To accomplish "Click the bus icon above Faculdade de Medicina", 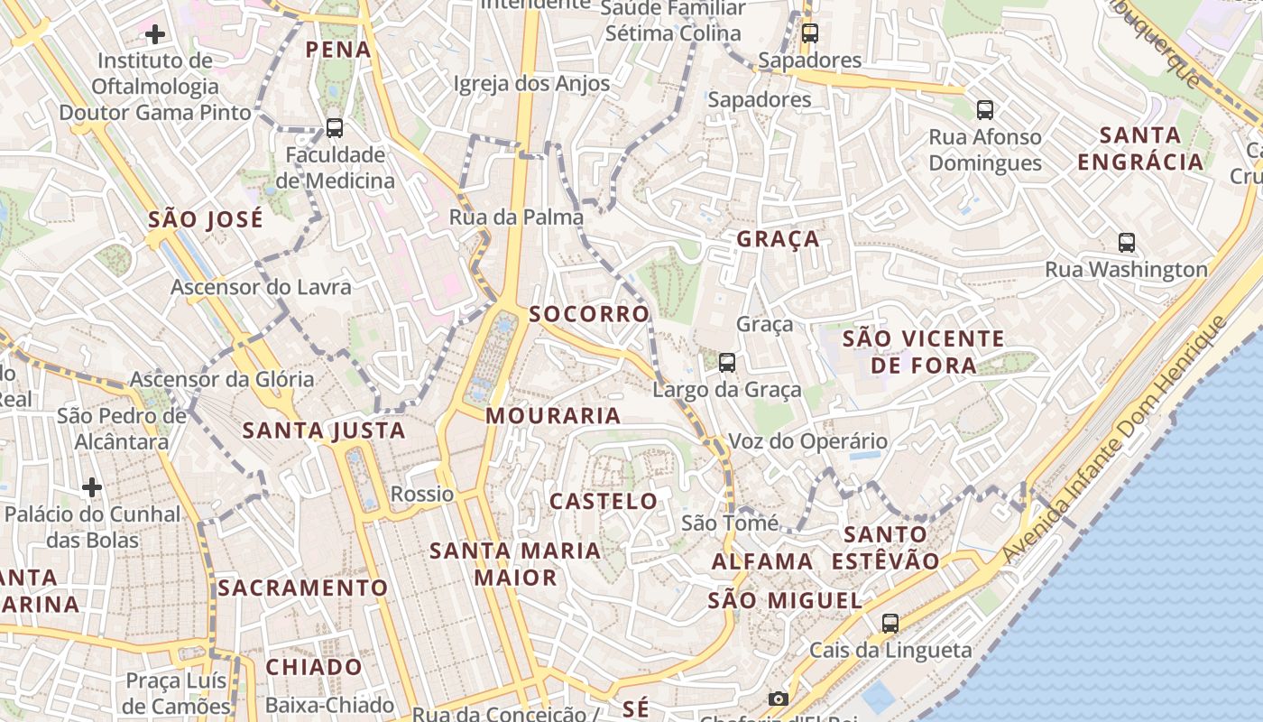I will [335, 128].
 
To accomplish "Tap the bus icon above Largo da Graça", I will [727, 363].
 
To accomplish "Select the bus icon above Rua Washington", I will [1127, 242].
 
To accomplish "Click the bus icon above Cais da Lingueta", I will [890, 623].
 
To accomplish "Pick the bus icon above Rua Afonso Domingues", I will [985, 110].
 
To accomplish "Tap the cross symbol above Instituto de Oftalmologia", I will [155, 34].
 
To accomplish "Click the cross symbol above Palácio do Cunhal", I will [92, 487].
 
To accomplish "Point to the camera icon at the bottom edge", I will [779, 699].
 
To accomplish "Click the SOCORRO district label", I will [589, 314].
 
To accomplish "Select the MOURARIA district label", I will [553, 416].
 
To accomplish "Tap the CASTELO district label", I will [604, 501].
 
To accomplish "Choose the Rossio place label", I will [422, 494].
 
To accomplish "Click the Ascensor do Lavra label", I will [261, 287].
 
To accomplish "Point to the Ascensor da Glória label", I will [222, 379].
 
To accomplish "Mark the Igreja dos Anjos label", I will [531, 84].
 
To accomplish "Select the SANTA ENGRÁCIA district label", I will [1140, 149].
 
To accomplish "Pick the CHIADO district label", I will [314, 667].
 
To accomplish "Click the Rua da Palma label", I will [516, 218].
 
